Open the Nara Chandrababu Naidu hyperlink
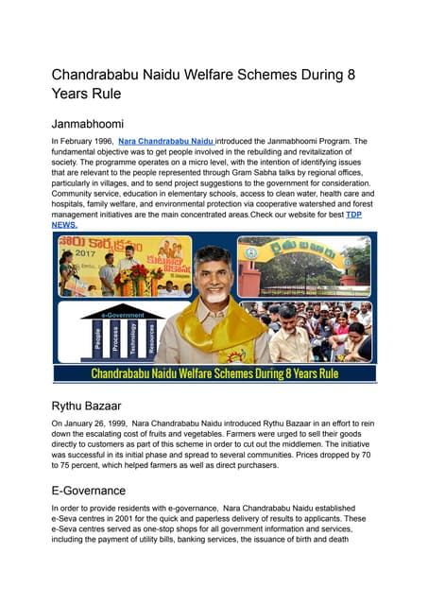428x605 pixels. click(x=166, y=140)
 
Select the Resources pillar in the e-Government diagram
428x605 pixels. click(x=151, y=339)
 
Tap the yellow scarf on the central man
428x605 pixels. click(x=214, y=331)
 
